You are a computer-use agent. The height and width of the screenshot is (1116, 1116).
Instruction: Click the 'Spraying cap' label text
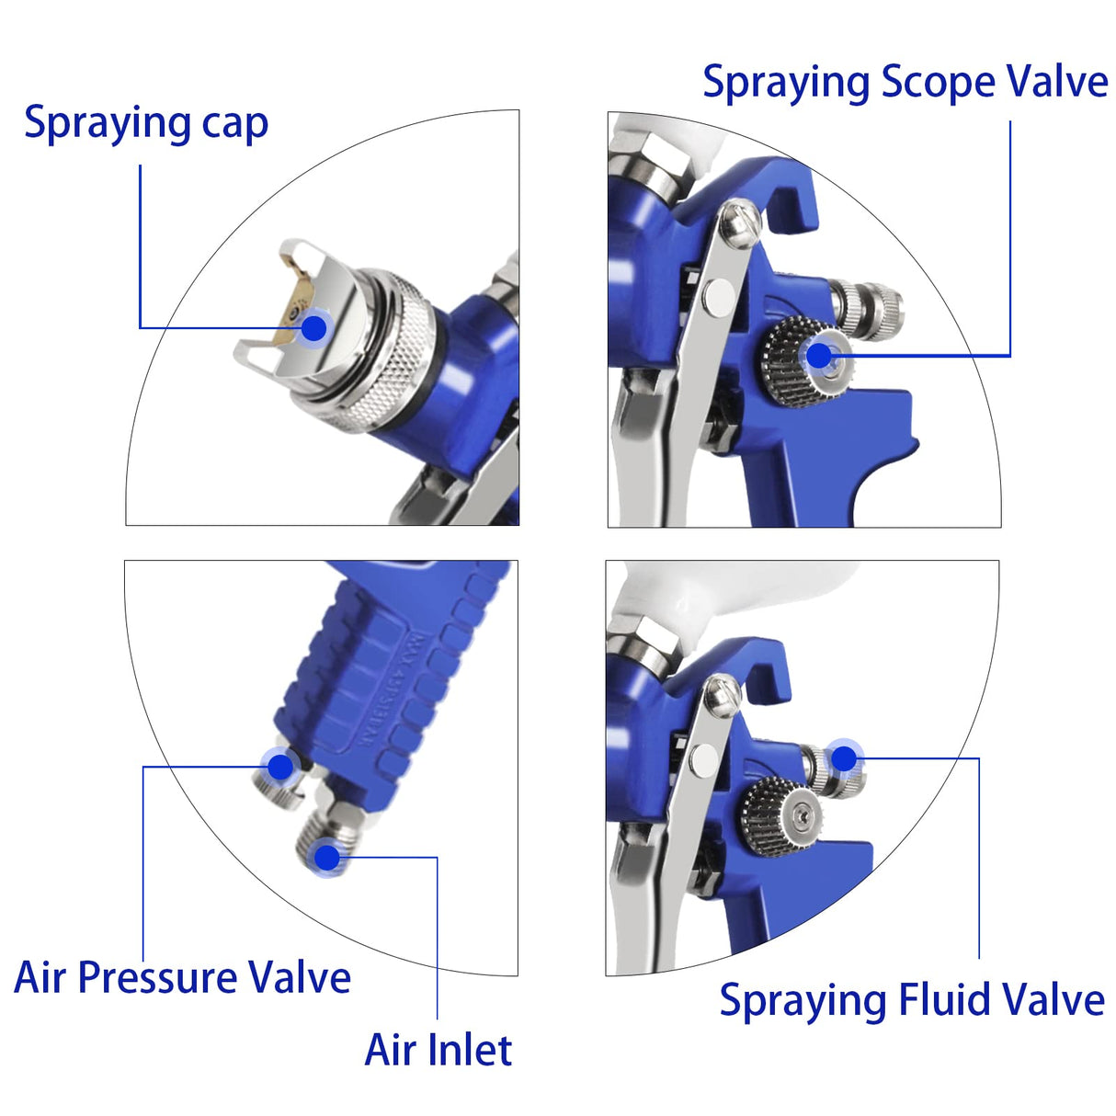(145, 123)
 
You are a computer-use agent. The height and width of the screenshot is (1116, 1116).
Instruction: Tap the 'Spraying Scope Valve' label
(905, 83)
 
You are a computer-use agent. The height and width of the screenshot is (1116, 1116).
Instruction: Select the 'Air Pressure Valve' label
(182, 977)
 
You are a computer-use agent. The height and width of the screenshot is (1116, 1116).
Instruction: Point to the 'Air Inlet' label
(438, 1050)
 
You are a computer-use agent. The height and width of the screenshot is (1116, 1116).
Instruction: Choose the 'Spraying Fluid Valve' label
(911, 1000)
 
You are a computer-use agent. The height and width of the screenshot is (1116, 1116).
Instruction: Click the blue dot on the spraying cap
(314, 327)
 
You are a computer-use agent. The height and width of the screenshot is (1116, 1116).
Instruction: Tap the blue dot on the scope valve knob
(818, 355)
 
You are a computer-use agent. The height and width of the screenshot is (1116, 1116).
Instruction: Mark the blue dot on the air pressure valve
(279, 766)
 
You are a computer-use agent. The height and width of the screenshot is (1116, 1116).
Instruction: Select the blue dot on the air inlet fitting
(326, 857)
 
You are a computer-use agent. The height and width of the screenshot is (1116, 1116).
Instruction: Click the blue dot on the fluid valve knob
(843, 758)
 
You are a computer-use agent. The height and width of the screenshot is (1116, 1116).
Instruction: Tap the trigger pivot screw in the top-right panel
(739, 223)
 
